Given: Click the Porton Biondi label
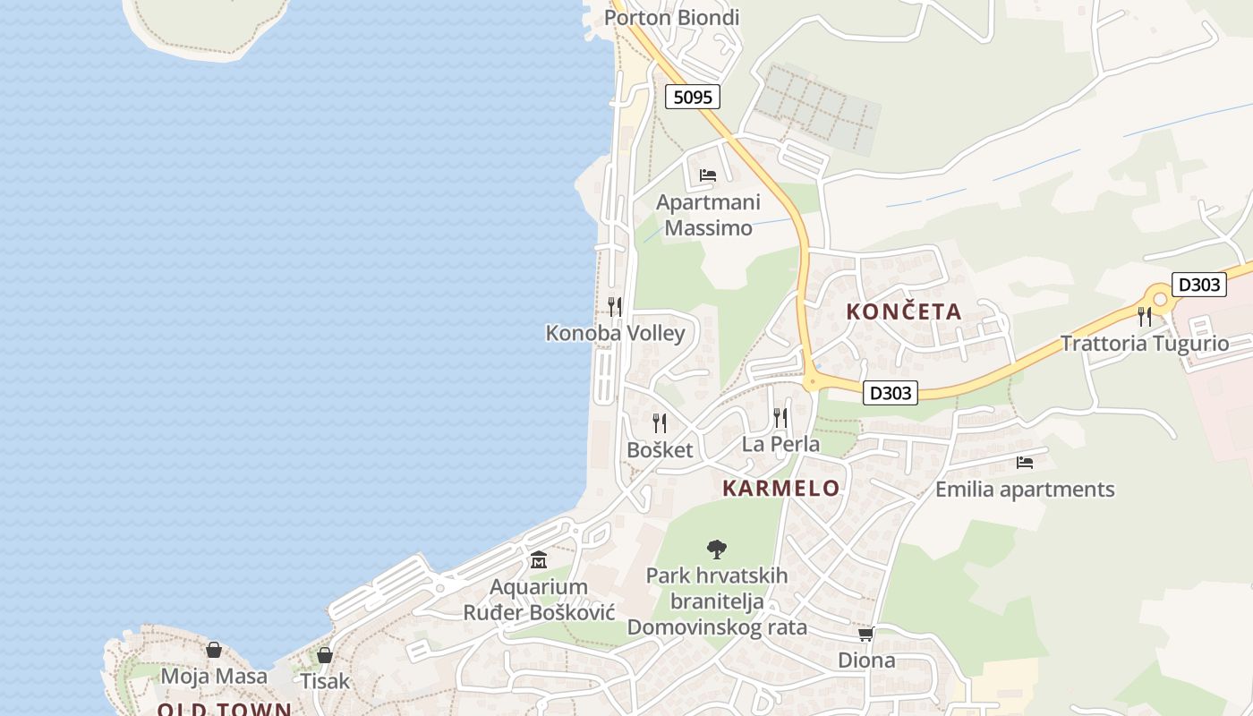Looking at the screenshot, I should pos(672,18).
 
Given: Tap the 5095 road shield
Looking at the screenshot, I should pos(693,97).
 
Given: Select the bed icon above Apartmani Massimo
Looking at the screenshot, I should pos(708,175).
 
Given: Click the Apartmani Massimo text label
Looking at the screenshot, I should pos(708,215).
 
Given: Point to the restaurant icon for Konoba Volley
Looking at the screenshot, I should pos(615,307).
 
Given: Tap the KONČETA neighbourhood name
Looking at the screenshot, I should pos(904,311).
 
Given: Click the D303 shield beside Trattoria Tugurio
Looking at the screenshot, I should pos(1198,285).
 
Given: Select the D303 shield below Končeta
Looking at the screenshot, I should pos(891,392).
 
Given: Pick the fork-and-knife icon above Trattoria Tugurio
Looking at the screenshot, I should pos(1144,316).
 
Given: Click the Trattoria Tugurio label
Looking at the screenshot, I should pos(1144,344).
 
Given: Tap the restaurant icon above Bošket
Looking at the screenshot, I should pos(660,422).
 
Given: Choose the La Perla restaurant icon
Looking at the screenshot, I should pos(780,417).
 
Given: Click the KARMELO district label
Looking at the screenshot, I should pos(780,488).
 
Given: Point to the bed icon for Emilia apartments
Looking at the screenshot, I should pos(1025,463).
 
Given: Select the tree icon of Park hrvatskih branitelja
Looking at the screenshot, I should pos(716,549).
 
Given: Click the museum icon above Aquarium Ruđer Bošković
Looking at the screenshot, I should pos(539,560).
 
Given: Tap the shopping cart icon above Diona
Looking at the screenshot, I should pos(865,634).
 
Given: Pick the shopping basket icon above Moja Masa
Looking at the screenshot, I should pos(214,650).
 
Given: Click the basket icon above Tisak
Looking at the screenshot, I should pos(325,655).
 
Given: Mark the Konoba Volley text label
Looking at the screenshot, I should pos(615,334).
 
